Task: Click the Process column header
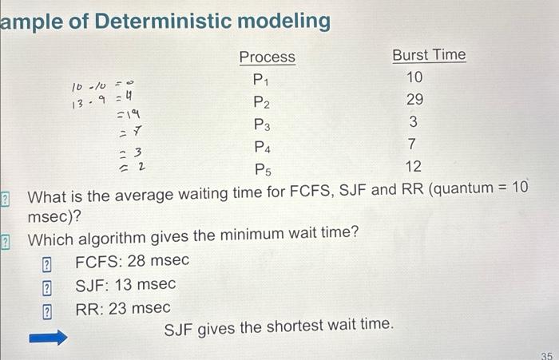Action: (x=267, y=57)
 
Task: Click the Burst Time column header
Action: (x=429, y=55)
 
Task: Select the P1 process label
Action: (x=261, y=79)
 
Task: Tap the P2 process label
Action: (x=261, y=102)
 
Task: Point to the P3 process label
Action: (x=261, y=125)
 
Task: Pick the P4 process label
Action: (x=261, y=147)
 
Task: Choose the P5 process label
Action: (x=261, y=169)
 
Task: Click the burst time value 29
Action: (x=414, y=100)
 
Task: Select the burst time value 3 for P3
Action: (x=413, y=122)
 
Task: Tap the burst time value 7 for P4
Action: (x=413, y=144)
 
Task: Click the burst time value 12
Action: (x=413, y=167)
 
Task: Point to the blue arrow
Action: (x=49, y=338)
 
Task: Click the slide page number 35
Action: (x=546, y=354)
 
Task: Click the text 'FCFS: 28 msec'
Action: (x=132, y=261)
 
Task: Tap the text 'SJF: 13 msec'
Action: (x=125, y=284)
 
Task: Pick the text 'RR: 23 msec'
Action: (x=122, y=308)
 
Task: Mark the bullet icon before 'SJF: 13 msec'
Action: (x=47, y=286)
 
